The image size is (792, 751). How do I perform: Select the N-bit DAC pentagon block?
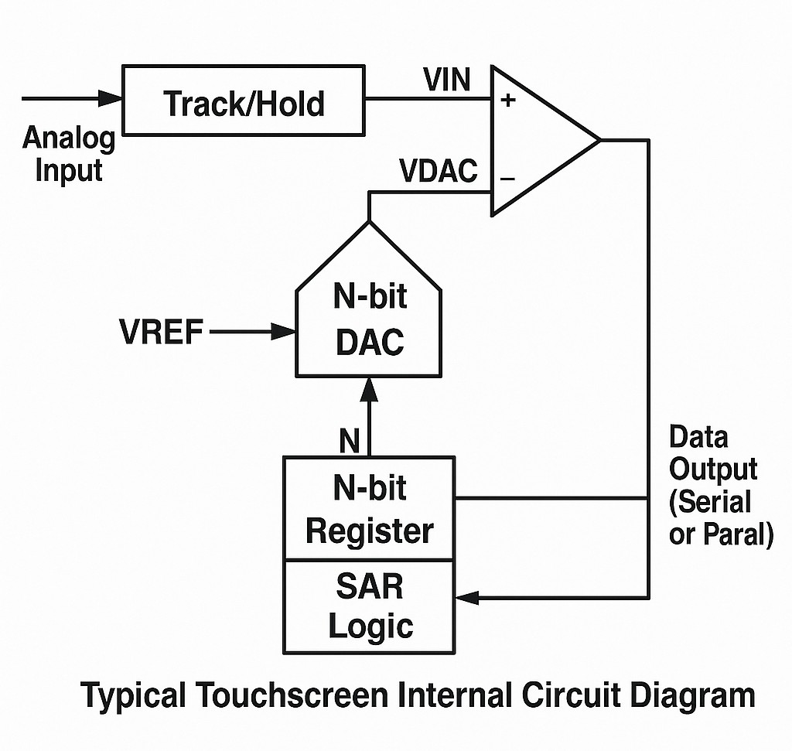[369, 317]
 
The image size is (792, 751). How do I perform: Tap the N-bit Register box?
[369, 508]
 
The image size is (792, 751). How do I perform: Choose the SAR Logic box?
[369, 606]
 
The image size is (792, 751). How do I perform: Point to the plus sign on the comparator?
[508, 100]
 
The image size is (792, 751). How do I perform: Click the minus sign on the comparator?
[507, 178]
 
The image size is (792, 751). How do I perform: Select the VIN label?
[446, 80]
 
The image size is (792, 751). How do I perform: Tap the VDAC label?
[438, 171]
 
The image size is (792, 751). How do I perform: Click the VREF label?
[162, 333]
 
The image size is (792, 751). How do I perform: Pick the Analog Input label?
[68, 153]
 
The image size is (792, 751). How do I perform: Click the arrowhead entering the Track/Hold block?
[111, 98]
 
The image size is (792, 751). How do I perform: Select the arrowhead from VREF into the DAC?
[285, 332]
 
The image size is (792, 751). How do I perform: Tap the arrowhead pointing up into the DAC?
[369, 387]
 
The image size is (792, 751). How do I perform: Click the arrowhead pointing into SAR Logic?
[467, 597]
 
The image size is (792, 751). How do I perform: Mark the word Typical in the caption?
[133, 695]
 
